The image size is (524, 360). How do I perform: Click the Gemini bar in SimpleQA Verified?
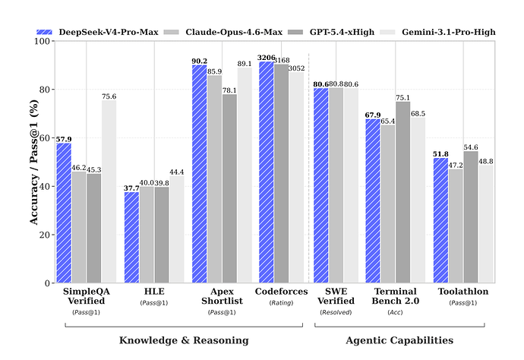pos(109,191)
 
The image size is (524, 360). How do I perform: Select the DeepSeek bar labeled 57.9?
pos(64,213)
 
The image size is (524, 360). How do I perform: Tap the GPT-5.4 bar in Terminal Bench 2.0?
pos(402,192)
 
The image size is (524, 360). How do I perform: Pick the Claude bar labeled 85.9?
pos(214,179)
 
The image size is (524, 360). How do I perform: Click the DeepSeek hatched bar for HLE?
pos(131,237)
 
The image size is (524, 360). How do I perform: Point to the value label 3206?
pos(267,58)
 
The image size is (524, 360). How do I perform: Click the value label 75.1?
pos(402,98)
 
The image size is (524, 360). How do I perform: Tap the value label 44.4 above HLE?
pos(176,172)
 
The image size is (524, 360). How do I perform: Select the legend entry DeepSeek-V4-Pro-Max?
pos(97,32)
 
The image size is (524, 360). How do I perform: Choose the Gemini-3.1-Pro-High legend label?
pos(449,32)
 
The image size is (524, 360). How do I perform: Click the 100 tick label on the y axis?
pos(43,41)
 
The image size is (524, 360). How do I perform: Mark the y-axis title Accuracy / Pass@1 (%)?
pos(33,162)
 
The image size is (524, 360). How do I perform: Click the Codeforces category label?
pos(282,292)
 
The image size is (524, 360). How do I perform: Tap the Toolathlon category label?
pos(463,292)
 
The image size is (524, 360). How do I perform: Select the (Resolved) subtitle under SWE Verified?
pos(336,312)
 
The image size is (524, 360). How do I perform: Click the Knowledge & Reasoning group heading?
pos(184,340)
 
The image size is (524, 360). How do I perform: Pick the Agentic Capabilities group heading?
pos(399,340)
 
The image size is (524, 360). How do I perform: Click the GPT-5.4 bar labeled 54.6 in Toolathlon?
pos(471,217)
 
